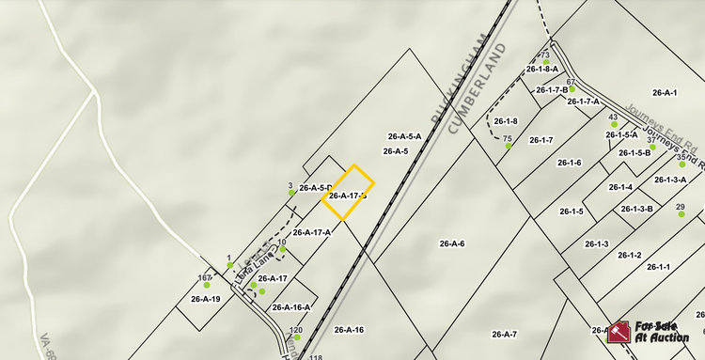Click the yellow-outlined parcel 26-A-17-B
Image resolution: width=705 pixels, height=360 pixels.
[348, 193]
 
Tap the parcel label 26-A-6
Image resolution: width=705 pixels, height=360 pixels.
[452, 243]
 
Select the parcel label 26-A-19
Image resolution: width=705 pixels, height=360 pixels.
[205, 299]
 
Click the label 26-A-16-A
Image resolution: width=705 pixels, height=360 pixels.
[291, 307]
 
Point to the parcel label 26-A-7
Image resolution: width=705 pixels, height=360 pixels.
[505, 334]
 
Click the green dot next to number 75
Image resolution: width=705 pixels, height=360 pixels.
[508, 146]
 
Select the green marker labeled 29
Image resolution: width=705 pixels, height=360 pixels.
[682, 213]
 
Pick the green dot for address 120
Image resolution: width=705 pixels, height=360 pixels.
[296, 337]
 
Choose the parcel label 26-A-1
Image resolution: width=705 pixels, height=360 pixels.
[665, 92]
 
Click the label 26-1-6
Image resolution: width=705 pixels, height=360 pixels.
[570, 163]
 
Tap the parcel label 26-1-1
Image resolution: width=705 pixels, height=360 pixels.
[659, 267]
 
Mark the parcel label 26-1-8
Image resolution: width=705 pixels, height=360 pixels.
[506, 120]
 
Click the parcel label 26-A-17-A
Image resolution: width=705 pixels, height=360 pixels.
[312, 232]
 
